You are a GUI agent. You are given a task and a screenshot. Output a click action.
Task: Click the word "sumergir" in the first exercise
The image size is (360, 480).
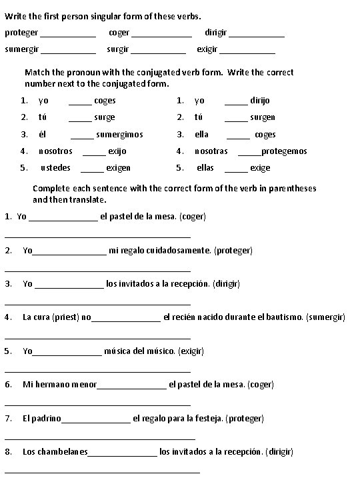click(x=21, y=49)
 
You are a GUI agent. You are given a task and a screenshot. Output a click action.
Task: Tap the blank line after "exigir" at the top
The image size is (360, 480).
click(x=247, y=51)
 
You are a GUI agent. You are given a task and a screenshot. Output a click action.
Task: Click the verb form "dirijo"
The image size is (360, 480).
click(x=260, y=101)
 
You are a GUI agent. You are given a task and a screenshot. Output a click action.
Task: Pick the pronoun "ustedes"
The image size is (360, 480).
click(x=55, y=168)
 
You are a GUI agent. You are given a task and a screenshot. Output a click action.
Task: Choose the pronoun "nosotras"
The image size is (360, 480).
click(x=211, y=151)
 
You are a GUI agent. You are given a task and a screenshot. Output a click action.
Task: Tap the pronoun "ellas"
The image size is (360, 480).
click(x=205, y=168)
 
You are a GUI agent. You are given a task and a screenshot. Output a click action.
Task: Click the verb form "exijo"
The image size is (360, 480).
click(x=117, y=151)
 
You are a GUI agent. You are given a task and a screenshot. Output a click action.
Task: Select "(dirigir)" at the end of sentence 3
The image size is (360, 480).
click(x=226, y=284)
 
